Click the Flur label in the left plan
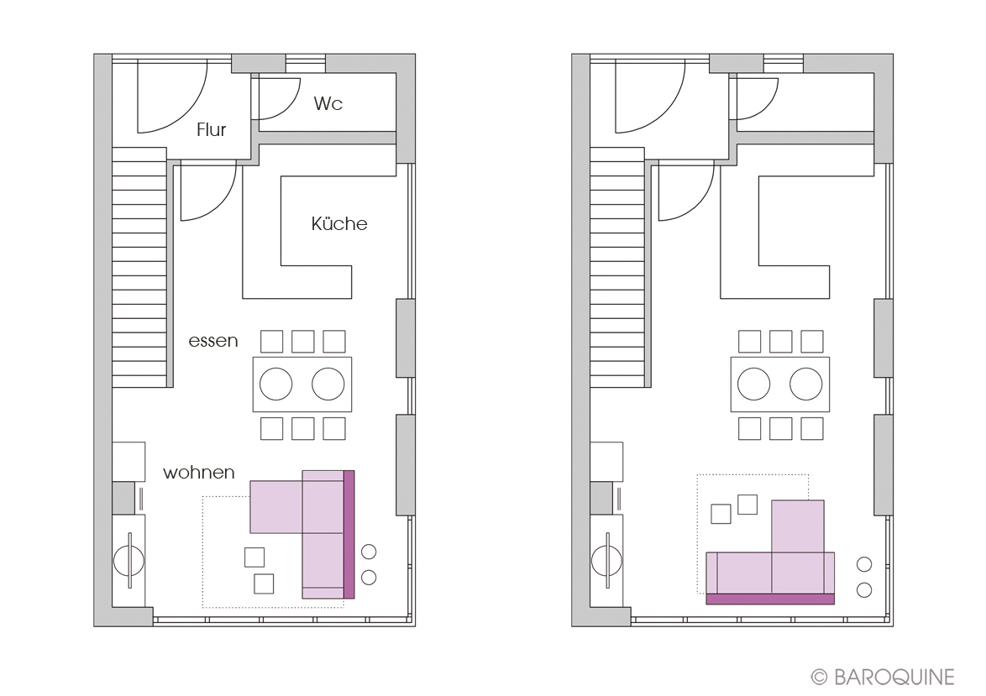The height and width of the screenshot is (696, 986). tap(211, 129)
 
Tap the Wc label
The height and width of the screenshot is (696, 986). tap(328, 103)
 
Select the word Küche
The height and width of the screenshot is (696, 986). tap(339, 223)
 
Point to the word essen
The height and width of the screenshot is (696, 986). tap(213, 341)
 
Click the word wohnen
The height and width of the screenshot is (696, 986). tap(199, 472)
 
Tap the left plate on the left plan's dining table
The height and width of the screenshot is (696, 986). tap(276, 384)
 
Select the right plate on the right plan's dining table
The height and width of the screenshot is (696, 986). tap(806, 384)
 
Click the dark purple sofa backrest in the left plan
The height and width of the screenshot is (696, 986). tap(349, 535)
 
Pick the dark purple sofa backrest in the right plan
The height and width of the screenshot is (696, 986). tap(770, 599)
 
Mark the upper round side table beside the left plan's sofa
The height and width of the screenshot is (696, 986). tap(369, 552)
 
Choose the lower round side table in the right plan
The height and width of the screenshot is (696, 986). tap(864, 589)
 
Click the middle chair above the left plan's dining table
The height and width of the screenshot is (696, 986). tap(302, 342)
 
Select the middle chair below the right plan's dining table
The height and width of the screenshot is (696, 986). tap(780, 428)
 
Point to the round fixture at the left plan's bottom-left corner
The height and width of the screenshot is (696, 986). tap(128, 560)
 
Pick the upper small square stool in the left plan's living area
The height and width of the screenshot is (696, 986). tap(254, 557)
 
